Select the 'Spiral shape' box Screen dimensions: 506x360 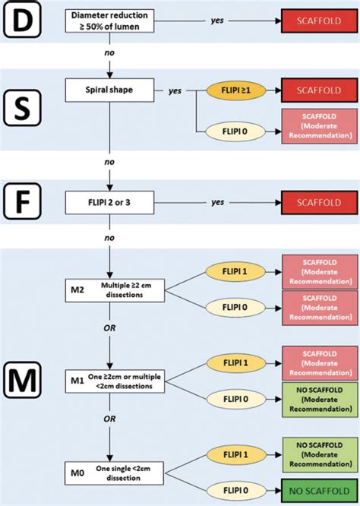(111, 90)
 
